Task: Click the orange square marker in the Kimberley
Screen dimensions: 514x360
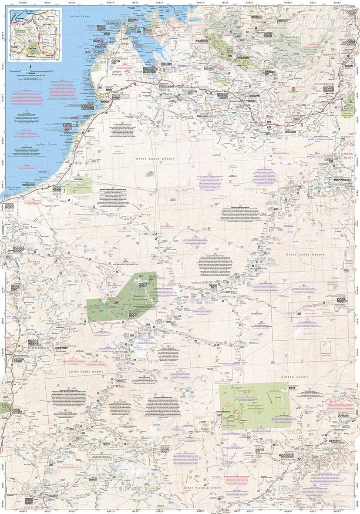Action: tap(294, 89)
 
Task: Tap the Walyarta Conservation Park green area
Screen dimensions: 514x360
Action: tap(78, 185)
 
